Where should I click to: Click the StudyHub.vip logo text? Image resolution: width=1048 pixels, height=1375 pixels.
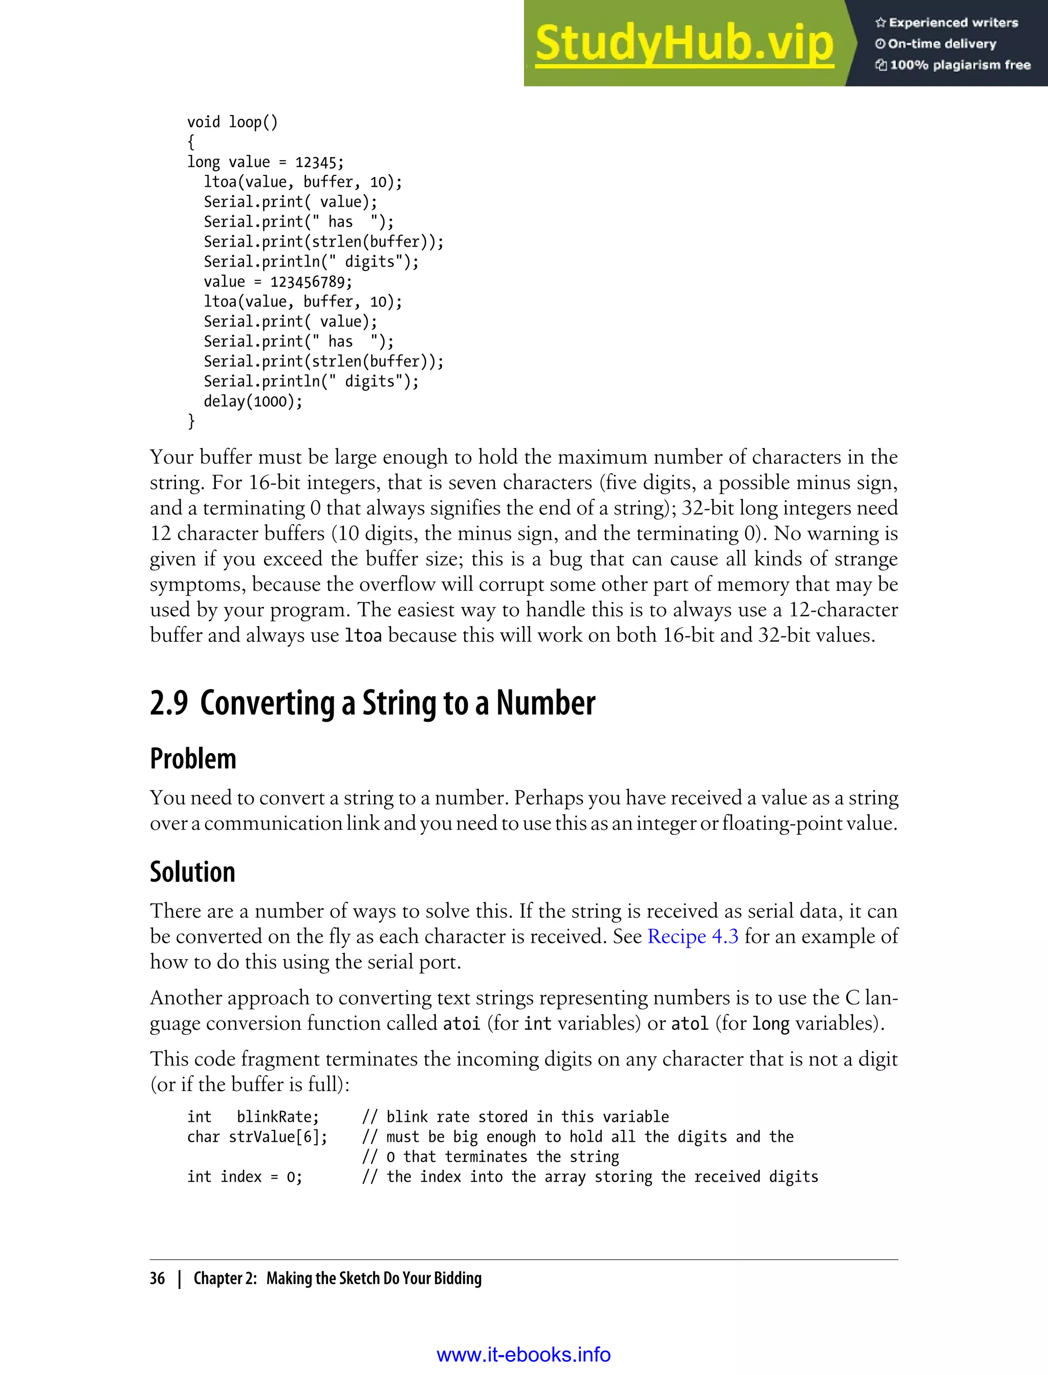point(684,43)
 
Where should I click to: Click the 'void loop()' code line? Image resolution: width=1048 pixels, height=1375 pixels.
point(232,122)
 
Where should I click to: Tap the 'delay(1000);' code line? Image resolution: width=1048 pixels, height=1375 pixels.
point(253,401)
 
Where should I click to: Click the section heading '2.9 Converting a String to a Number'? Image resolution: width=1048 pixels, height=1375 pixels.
point(373,703)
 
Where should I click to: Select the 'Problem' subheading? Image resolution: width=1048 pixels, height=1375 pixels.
point(193,759)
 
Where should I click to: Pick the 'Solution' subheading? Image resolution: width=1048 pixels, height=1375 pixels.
point(192,872)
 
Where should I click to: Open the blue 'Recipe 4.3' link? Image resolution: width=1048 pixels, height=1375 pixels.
point(692,936)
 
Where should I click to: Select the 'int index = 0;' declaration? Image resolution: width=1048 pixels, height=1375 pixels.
point(245,1177)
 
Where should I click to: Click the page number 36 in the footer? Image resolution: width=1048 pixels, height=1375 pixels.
point(157,1278)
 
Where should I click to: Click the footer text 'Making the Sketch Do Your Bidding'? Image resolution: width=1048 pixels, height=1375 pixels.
point(374,1278)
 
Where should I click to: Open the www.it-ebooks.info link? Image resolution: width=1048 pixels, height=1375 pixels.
point(523,1355)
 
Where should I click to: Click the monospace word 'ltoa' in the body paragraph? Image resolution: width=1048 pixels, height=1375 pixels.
point(363,635)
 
